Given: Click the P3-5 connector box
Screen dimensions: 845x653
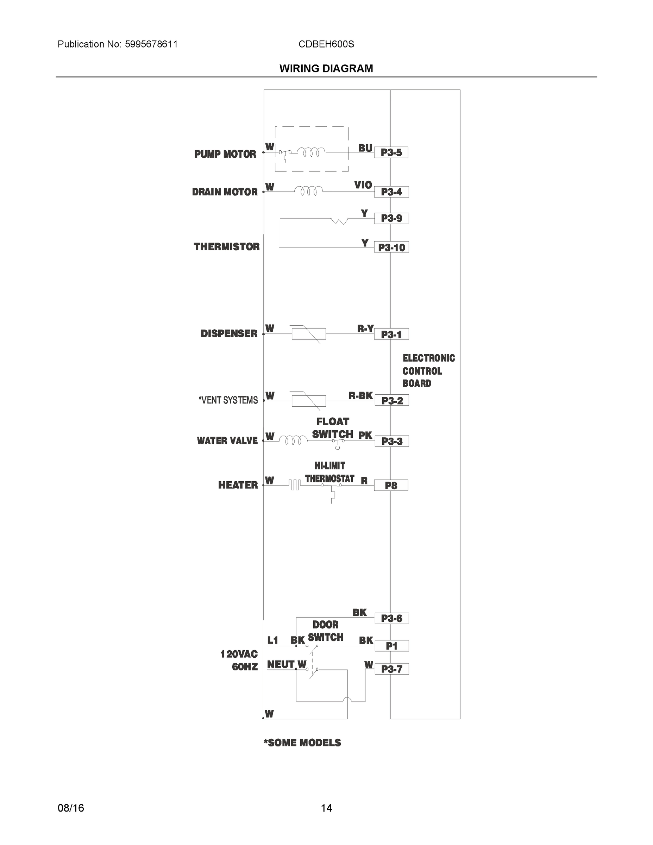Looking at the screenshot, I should [x=391, y=152].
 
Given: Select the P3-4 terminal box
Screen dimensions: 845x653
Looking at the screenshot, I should [x=391, y=192].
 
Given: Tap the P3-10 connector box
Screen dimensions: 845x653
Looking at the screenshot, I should [x=391, y=247].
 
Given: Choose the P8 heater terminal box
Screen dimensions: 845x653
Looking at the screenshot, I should [x=391, y=485].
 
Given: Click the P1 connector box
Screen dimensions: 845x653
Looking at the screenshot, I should [x=391, y=646].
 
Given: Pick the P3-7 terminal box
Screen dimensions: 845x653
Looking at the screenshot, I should [x=391, y=669].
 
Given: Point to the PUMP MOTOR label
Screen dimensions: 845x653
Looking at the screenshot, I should [x=225, y=154].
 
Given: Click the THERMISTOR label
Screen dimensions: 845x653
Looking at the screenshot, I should [x=227, y=247].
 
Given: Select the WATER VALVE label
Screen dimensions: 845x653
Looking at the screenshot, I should [x=227, y=441].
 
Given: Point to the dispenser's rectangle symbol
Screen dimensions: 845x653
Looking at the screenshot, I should [x=308, y=333].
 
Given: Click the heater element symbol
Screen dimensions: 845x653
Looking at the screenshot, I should [x=294, y=485].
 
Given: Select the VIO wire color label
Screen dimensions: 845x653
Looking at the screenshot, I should [x=363, y=185].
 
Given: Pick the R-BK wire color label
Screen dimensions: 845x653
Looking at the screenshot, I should [x=360, y=395].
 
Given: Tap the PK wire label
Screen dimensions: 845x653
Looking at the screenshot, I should [x=365, y=435].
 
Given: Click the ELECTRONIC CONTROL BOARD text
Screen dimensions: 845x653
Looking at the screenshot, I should [x=428, y=371].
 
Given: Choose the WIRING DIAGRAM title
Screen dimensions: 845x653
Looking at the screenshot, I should [x=326, y=69].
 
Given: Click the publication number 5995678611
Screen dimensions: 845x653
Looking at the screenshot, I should [x=151, y=44].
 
